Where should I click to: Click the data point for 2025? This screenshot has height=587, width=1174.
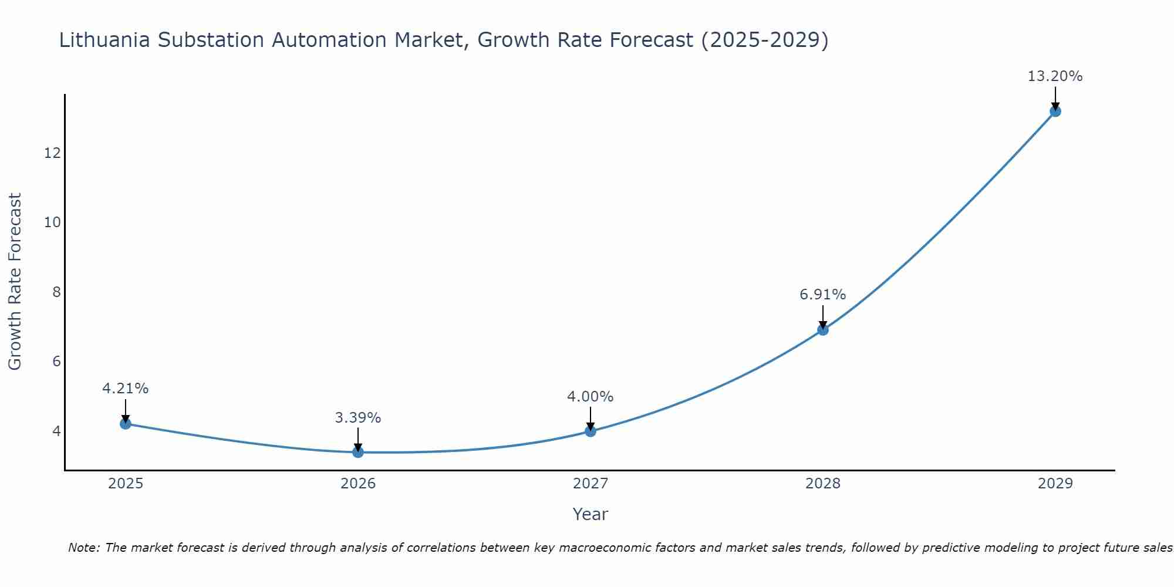click(x=126, y=423)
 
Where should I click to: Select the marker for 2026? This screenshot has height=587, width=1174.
click(x=358, y=451)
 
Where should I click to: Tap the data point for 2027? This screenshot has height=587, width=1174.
click(x=591, y=431)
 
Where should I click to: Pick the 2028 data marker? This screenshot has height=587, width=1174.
click(x=823, y=330)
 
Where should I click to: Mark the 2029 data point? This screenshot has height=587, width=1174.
click(x=1055, y=111)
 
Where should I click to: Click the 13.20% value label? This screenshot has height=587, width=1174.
click(x=1055, y=76)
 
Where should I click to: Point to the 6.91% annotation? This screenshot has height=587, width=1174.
click(x=823, y=295)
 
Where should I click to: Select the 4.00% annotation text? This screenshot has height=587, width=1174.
click(x=591, y=397)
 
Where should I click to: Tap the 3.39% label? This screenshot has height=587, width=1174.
click(x=358, y=418)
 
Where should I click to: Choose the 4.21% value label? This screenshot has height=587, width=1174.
click(x=126, y=389)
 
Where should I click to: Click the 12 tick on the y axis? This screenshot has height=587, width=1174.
click(x=53, y=153)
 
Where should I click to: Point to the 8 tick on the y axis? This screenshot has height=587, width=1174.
click(x=57, y=292)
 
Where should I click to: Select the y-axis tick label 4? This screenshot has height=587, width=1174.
click(x=57, y=431)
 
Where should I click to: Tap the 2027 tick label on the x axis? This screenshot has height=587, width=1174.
click(x=591, y=484)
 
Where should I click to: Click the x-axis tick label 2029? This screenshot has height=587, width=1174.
click(x=1055, y=484)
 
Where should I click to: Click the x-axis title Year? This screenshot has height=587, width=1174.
click(x=591, y=514)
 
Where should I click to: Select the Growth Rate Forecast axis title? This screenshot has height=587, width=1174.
click(x=15, y=282)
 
